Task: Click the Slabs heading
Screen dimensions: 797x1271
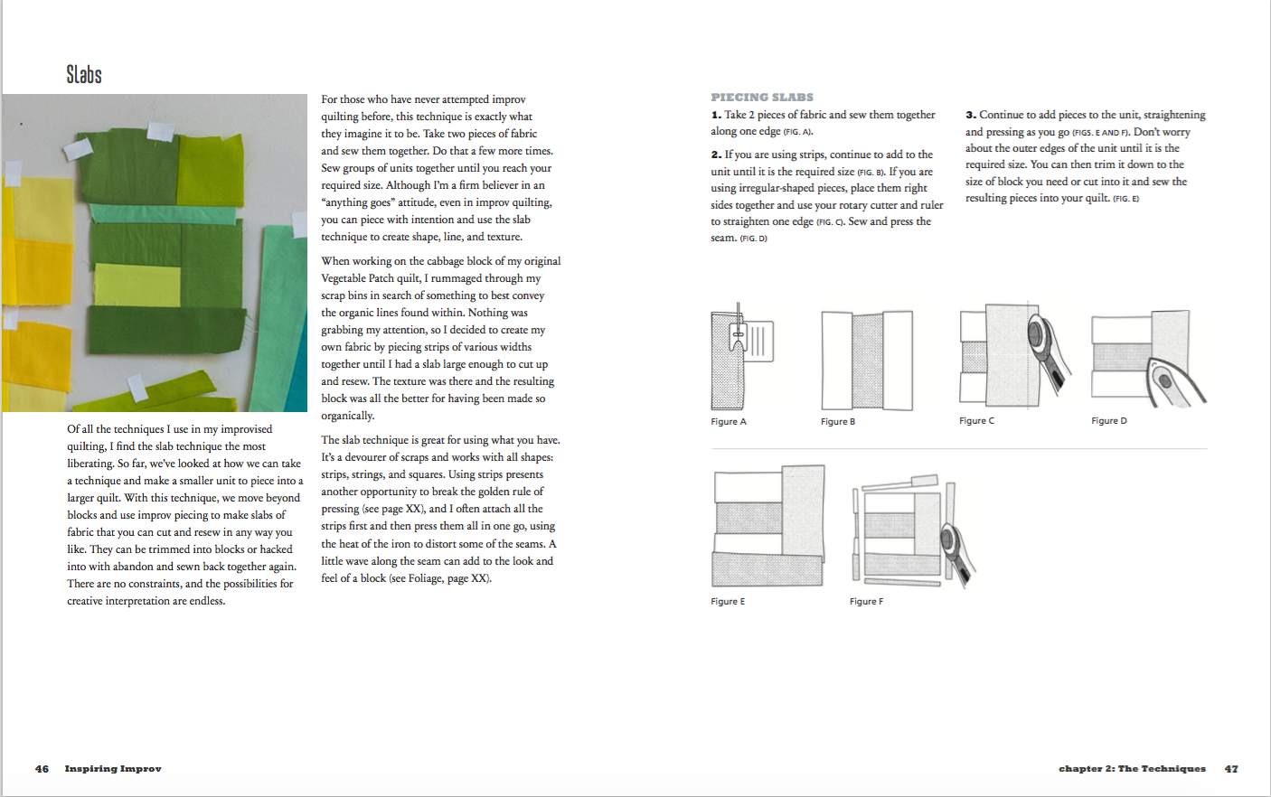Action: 84,74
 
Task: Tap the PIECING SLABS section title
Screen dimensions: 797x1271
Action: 762,97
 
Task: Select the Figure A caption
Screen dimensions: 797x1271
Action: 729,422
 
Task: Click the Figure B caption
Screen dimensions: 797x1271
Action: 838,422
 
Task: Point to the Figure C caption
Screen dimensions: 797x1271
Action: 976,421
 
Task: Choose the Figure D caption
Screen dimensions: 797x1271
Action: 1109,421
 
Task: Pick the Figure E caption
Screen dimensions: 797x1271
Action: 728,602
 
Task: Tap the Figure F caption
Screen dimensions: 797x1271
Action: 866,602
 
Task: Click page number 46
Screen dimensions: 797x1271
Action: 42,769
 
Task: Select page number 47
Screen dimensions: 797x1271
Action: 1231,769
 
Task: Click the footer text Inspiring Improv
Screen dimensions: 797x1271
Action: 113,769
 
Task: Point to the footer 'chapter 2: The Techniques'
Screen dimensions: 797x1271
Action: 1132,769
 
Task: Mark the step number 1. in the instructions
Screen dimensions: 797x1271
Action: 716,115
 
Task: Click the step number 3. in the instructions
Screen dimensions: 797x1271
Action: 971,115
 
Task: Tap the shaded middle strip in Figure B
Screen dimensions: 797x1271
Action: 867,361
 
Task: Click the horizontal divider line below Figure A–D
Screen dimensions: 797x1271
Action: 958,448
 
